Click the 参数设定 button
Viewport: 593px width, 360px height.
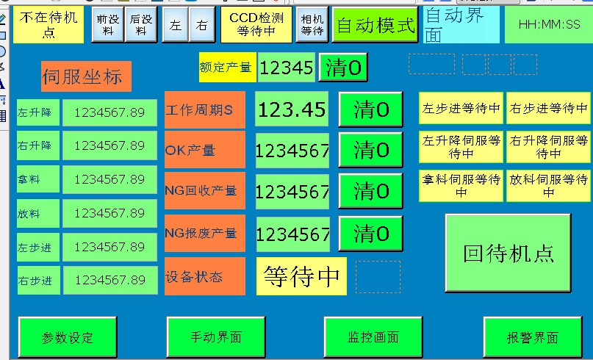click(x=68, y=337)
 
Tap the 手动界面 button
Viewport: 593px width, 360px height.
click(x=216, y=337)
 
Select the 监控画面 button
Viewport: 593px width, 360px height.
click(x=373, y=337)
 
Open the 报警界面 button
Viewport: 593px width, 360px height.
click(x=532, y=337)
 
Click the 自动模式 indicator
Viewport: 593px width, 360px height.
click(x=375, y=26)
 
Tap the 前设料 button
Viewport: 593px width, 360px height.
click(x=108, y=26)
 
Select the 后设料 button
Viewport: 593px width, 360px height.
click(x=141, y=26)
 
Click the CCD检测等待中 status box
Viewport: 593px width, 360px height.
click(x=256, y=25)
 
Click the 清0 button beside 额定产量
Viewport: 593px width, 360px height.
click(x=343, y=68)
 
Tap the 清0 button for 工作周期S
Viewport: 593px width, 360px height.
click(x=371, y=110)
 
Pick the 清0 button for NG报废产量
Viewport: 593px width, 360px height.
click(x=371, y=234)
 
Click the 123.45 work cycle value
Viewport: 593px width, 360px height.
click(x=292, y=110)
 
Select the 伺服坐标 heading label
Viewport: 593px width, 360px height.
click(x=86, y=76)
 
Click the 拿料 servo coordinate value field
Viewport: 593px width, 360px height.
click(x=109, y=179)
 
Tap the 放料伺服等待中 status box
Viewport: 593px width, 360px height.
click(x=548, y=186)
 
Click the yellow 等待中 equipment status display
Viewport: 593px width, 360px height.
click(x=301, y=276)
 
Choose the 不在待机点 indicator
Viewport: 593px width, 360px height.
click(x=48, y=25)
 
